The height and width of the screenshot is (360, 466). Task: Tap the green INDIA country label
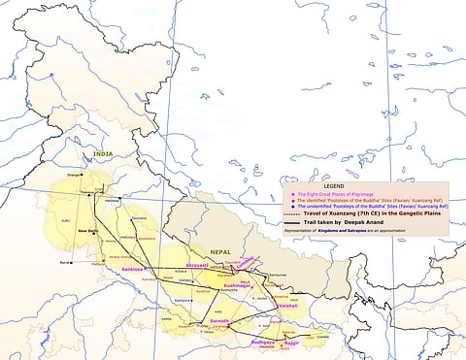tap(102, 153)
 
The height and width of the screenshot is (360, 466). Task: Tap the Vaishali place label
tap(286, 306)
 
